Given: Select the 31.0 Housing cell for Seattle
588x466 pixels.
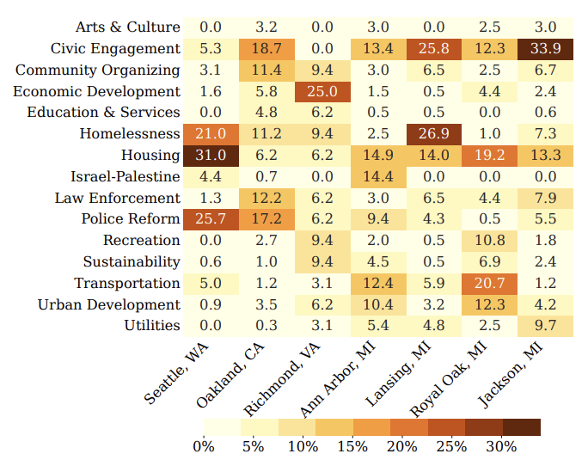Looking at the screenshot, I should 210,155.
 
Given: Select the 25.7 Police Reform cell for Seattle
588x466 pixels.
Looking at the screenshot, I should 210,219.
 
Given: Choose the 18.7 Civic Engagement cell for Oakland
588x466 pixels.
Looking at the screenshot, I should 266,48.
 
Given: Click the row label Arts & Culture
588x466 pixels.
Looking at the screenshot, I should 128,28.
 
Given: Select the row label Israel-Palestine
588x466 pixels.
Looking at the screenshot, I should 126,176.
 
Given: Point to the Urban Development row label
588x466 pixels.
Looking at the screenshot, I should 109,304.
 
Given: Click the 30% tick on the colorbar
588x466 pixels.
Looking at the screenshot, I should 501,446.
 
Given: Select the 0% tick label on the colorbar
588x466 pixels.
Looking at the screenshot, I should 204,446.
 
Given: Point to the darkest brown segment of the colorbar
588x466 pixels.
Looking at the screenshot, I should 521,427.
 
